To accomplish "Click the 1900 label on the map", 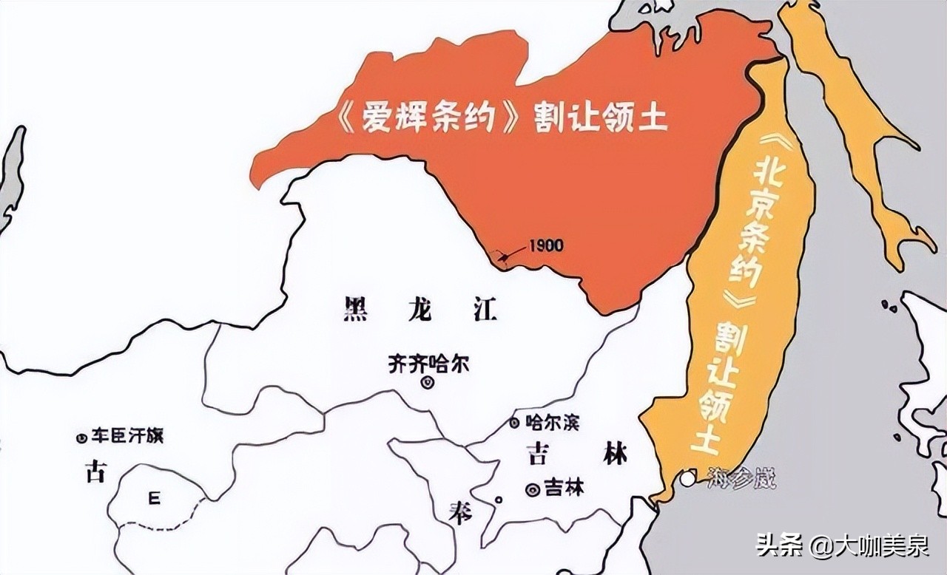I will tap(546, 245).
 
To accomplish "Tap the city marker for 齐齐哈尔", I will tap(427, 382).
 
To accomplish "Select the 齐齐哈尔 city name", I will tap(428, 364).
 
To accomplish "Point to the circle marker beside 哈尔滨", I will tap(513, 423).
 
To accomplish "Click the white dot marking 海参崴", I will tap(688, 478).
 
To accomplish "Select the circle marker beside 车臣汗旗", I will tap(82, 438).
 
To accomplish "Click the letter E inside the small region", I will tap(154, 499).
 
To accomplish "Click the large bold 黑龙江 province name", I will tap(419, 310).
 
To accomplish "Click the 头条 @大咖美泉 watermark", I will tap(842, 547).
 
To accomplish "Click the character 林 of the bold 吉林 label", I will tap(615, 453).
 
